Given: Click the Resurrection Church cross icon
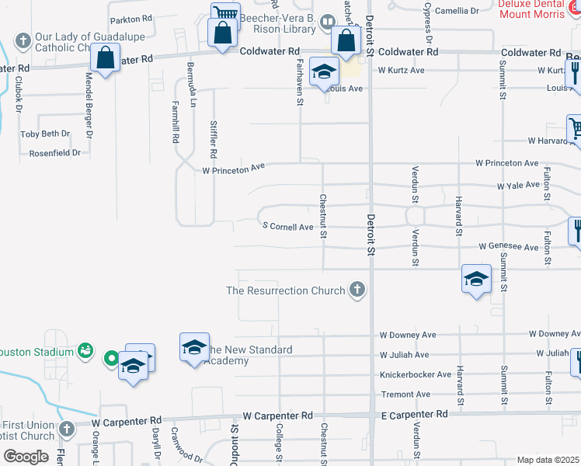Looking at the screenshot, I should [357, 290].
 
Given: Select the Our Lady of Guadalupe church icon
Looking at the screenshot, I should [23, 40].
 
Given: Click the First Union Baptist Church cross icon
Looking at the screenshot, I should [68, 428].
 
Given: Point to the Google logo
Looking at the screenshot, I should [26, 456].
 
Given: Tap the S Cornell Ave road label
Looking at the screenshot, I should [287, 227].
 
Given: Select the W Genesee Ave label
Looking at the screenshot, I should [508, 247].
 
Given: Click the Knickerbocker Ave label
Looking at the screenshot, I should [415, 374].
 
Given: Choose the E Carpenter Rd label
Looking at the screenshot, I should [414, 415].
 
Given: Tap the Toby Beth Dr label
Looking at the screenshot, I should [45, 134].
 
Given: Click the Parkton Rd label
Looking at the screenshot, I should [131, 18].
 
